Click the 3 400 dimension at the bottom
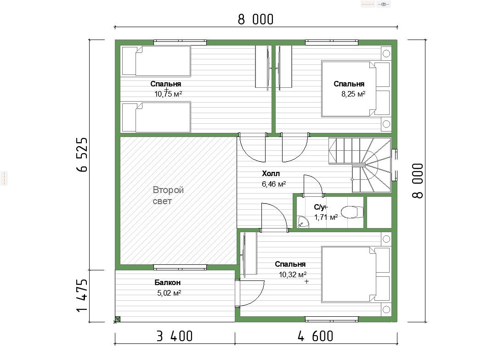175,336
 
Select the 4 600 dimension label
315,336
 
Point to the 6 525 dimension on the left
82,154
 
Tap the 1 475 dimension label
82,295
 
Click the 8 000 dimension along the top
255,19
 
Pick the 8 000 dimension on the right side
418,181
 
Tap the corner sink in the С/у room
302,222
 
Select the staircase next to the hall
360,165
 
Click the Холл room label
271,174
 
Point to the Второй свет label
168,195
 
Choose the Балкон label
168,282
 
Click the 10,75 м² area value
168,94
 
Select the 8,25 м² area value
353,94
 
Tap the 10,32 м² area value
293,274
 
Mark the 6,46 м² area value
274,184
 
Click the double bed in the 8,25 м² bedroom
356,89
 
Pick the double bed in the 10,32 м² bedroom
356,274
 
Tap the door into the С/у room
313,185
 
